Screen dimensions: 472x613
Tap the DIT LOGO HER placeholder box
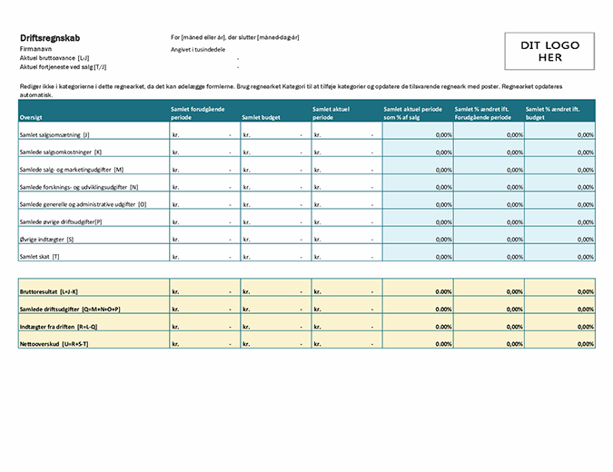tap(549, 52)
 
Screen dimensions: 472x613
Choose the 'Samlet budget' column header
tap(262, 117)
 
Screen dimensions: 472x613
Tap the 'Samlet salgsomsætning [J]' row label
tap(54, 134)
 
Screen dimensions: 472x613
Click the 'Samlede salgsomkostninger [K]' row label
tap(60, 152)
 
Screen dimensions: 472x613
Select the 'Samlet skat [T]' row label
tap(42, 257)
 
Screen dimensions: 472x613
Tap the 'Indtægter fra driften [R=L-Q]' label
tap(62, 327)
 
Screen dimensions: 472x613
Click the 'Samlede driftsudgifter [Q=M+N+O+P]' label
tap(71, 310)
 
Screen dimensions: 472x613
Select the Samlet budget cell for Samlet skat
tap(275, 257)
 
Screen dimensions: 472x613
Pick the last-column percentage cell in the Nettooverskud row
tap(559, 344)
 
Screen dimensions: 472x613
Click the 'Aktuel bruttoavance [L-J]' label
tap(54, 57)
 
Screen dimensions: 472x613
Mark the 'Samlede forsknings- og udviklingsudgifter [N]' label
tap(79, 187)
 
